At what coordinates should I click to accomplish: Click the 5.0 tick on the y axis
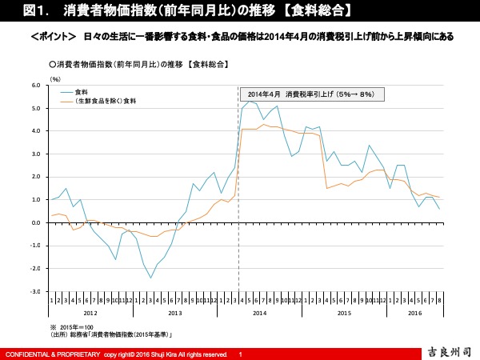(36, 107)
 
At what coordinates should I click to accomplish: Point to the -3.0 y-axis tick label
(35, 292)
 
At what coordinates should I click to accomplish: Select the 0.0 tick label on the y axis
(36, 222)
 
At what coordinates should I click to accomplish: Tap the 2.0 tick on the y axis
(36, 177)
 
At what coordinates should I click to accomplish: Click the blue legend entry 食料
(82, 93)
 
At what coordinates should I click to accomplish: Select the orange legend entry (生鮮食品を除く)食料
(106, 102)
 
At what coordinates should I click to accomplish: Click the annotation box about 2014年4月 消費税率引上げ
(312, 94)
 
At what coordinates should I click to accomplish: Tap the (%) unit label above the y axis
(55, 78)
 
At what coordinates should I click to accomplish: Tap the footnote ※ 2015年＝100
(72, 327)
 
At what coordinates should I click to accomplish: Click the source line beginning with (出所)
(112, 334)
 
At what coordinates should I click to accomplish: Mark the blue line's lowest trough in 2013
(150, 278)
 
